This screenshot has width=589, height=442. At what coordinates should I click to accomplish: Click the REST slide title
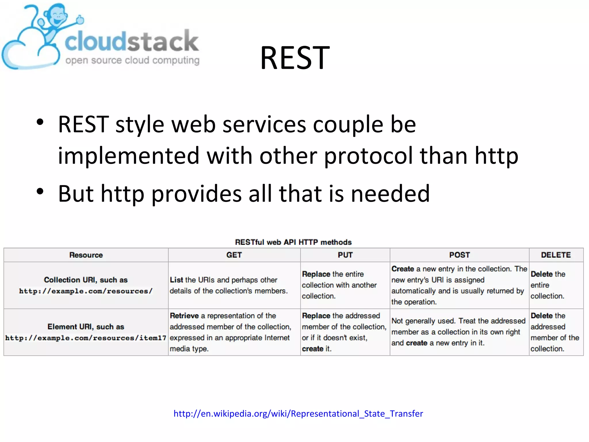295,58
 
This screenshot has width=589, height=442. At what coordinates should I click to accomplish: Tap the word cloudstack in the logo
132,42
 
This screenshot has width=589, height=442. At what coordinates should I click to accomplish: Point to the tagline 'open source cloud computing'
132,60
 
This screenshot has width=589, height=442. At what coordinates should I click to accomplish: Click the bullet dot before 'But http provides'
40,191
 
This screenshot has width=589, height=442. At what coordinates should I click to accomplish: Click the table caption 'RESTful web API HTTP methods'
293,242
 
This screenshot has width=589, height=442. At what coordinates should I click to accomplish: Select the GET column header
234,255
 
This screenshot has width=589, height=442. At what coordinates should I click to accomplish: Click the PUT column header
345,255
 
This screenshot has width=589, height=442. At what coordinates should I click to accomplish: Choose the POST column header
459,255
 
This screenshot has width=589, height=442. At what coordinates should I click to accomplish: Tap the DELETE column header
556,255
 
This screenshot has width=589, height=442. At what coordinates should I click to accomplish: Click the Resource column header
86,255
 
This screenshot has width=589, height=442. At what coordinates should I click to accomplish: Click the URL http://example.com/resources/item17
86,338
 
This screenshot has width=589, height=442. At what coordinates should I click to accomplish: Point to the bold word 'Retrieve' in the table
184,316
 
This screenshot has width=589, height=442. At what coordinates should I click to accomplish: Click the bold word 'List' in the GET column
176,280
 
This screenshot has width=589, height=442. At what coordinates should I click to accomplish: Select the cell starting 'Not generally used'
458,332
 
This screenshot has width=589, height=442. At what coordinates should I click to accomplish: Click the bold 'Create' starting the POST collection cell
402,269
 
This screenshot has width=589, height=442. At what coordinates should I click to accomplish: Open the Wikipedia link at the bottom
298,414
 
